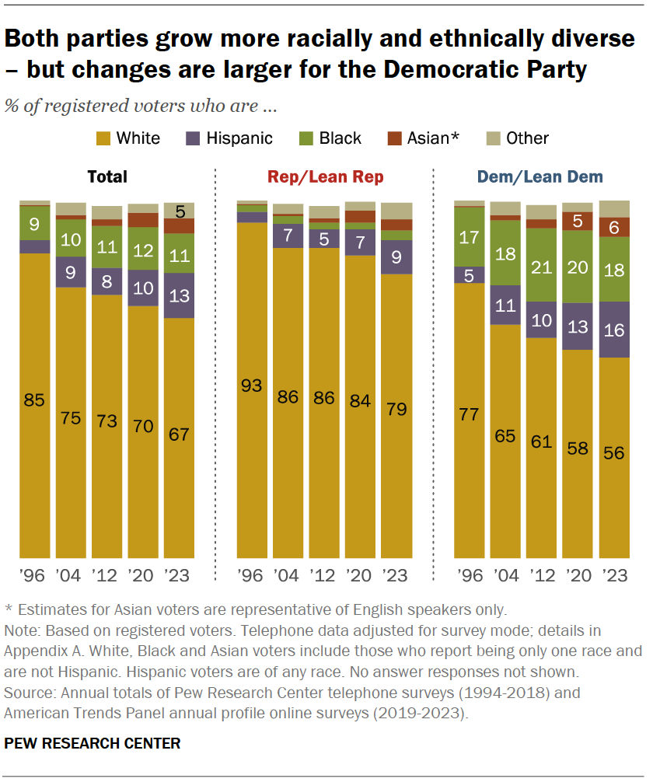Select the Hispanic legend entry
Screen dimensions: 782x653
point(239,138)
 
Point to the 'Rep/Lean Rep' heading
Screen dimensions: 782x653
point(325,177)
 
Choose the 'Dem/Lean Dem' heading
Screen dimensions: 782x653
point(541,177)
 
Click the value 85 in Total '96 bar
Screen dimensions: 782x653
point(34,401)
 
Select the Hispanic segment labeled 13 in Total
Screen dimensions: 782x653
point(179,295)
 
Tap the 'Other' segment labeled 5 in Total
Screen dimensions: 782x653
point(179,211)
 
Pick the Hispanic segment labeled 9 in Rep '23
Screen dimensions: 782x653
point(396,257)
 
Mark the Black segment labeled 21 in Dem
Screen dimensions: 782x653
point(541,264)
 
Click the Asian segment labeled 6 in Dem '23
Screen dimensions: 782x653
point(613,226)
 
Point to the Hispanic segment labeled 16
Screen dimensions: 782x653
point(613,330)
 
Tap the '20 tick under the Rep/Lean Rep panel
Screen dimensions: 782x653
point(360,576)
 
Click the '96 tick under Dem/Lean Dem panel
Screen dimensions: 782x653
point(469,576)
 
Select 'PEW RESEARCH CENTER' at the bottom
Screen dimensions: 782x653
point(93,744)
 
